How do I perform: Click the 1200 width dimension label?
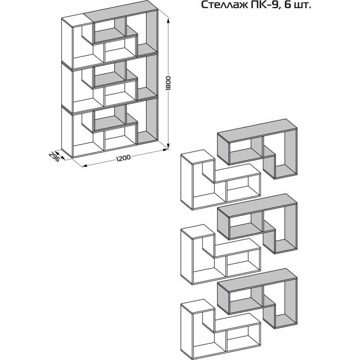tap(123, 158)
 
